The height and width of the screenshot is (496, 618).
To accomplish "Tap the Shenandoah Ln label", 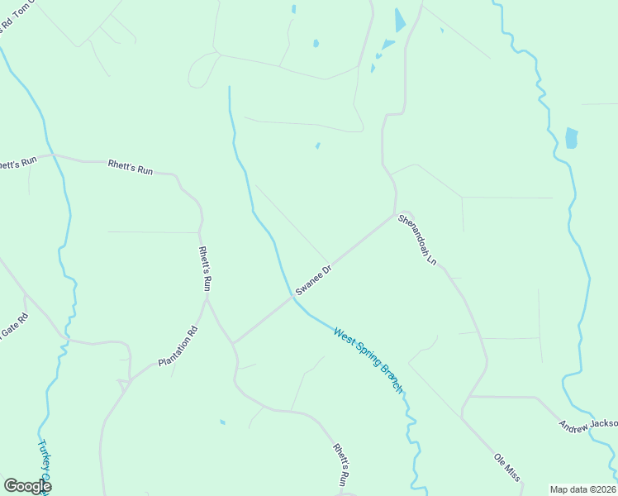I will point(417,240).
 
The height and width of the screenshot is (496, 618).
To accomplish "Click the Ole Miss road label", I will point(507,466).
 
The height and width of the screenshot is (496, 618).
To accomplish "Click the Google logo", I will point(27,486).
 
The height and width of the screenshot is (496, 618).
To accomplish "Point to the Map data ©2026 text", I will point(582,489).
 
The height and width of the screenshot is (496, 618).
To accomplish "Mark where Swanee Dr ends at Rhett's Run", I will point(234,342).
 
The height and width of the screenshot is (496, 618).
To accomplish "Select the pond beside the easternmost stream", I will point(571,137).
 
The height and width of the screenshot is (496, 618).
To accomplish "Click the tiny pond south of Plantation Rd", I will point(222,422).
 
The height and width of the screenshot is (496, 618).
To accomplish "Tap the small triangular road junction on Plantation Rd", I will point(124,383).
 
